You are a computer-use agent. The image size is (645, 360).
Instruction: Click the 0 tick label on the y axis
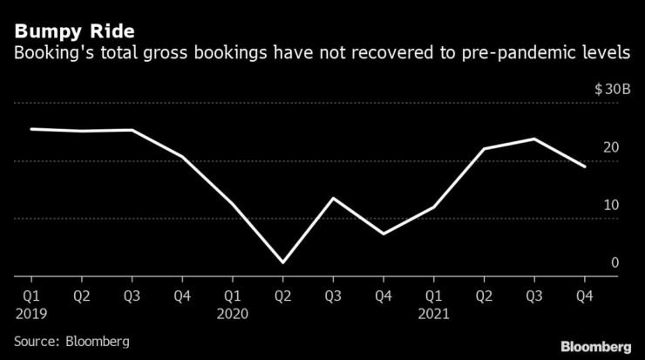tap(614, 262)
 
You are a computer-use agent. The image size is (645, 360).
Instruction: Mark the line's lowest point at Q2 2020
tap(282, 262)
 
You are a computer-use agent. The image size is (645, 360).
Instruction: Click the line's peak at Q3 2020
tap(333, 198)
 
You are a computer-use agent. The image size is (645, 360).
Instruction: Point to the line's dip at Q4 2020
tap(383, 234)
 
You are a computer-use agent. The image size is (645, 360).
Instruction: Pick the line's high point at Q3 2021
tap(534, 139)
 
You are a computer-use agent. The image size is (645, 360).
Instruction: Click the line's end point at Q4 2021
tap(585, 166)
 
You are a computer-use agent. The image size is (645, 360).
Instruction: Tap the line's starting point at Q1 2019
tap(31, 129)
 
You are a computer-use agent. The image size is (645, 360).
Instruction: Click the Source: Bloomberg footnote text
tap(71, 342)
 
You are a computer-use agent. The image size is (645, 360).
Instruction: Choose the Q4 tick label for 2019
tap(181, 295)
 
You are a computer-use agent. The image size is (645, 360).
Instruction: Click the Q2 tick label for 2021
tap(484, 295)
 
